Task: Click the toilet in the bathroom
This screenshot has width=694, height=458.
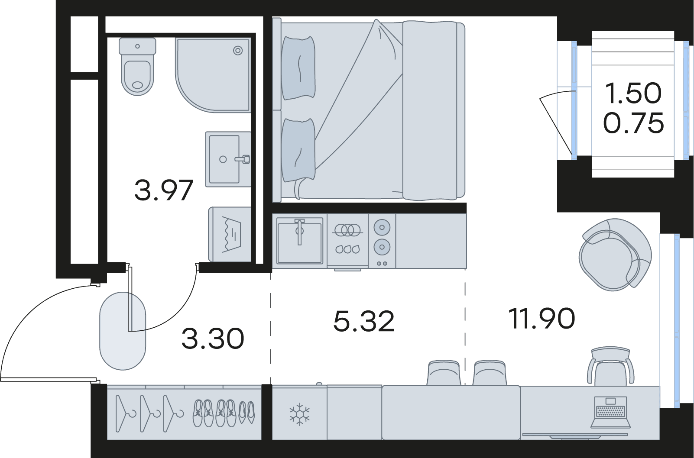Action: [137, 67]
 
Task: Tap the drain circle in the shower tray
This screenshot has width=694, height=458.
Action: [238, 51]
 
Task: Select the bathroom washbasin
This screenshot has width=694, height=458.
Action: [228, 159]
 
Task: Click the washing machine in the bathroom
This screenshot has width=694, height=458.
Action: [230, 235]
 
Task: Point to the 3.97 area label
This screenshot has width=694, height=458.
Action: [164, 190]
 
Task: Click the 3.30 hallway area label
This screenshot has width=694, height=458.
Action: [213, 339]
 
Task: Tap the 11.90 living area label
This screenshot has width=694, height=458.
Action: [542, 319]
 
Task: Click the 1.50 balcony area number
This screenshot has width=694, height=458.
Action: [633, 93]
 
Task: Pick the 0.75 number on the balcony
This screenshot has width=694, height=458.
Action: [634, 123]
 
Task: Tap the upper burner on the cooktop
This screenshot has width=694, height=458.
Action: [382, 228]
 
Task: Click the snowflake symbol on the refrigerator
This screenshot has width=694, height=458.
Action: [300, 414]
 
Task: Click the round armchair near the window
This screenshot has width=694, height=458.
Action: [615, 255]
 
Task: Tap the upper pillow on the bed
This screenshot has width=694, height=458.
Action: [298, 68]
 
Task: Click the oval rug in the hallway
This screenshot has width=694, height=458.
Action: [122, 331]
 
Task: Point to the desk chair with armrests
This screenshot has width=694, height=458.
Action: [610, 366]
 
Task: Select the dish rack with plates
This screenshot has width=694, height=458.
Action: [347, 240]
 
